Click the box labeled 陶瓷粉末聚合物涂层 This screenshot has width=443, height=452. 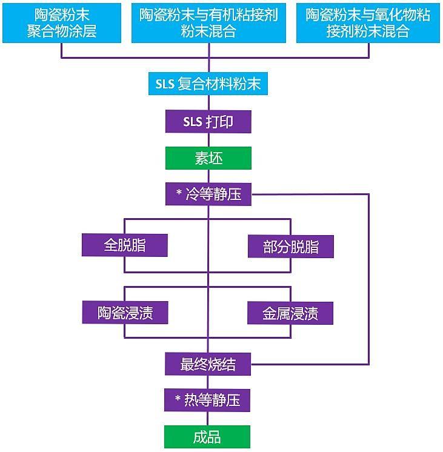(61, 22)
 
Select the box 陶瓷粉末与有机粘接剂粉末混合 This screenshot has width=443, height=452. (208, 22)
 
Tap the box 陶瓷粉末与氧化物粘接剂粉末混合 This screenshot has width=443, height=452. (368, 22)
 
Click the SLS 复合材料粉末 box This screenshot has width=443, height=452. (208, 84)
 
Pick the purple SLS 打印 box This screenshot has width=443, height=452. (208, 121)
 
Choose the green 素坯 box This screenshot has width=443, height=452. (208, 158)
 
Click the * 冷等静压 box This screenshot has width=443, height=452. (208, 194)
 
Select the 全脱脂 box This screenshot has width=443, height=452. (125, 245)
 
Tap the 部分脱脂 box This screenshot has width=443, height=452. (291, 247)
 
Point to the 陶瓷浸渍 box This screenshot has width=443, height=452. (125, 313)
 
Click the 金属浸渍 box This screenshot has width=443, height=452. (291, 313)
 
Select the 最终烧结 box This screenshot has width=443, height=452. (208, 364)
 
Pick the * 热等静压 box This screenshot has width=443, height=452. (208, 400)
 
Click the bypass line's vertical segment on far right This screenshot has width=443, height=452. (368, 279)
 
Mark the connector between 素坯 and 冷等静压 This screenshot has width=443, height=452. (208, 176)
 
